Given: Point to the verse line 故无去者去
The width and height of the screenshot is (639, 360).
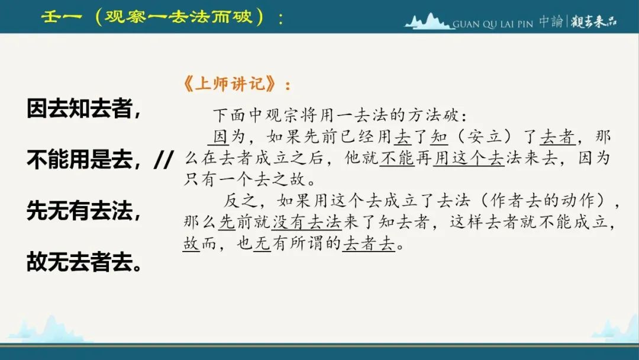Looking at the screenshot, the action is coord(85,262).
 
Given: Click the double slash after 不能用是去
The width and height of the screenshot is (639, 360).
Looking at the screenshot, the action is coord(164,159).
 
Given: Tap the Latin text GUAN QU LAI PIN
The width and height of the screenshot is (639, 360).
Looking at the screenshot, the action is coord(493,24).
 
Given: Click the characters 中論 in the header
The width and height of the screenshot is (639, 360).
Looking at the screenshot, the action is coord(551,21).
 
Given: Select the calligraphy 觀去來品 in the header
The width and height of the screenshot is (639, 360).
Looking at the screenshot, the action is coord(593,21).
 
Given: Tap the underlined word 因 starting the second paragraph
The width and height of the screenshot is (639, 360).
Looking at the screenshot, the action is coord(220,137).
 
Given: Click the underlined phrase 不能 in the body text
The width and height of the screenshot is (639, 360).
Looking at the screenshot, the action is coord(397,158).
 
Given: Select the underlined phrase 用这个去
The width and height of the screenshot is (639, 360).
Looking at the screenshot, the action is coord(469,158).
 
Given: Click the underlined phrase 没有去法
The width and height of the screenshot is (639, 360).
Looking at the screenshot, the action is coord(307,222).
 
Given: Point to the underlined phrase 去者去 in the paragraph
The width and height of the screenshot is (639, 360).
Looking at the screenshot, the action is coord(369,243).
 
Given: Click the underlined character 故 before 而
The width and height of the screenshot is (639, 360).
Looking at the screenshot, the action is coord(191,243).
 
